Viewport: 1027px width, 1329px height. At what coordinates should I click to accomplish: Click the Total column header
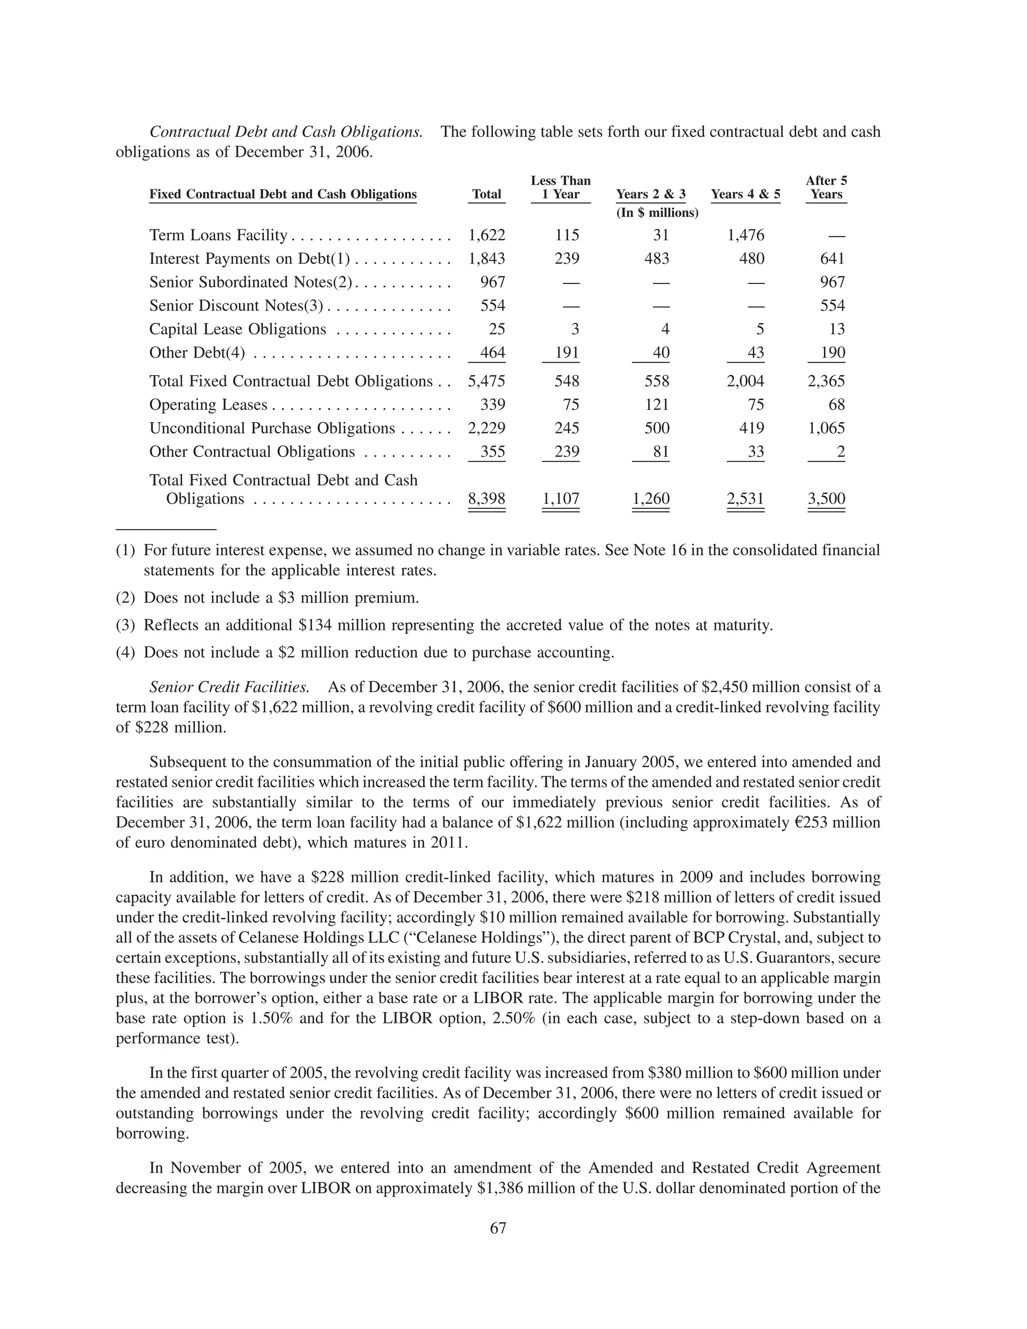coord(487,194)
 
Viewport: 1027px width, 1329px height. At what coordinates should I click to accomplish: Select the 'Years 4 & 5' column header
coord(745,194)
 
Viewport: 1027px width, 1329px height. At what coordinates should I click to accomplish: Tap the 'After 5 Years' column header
coord(826,188)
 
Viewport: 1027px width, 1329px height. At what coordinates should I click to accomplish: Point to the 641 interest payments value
coord(832,259)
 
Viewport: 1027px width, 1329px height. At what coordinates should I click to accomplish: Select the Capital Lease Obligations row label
coord(238,329)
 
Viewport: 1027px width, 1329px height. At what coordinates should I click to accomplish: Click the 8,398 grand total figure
coord(487,499)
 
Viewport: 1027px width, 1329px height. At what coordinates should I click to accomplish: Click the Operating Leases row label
coord(209,405)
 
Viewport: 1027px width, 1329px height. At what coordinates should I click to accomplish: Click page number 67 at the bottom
coord(498,1229)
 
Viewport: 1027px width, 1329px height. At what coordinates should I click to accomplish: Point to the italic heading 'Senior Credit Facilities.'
coord(229,688)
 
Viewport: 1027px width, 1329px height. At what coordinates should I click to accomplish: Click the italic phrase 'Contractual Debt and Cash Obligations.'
coord(286,132)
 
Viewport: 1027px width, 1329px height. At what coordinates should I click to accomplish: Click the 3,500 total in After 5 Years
coord(826,499)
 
